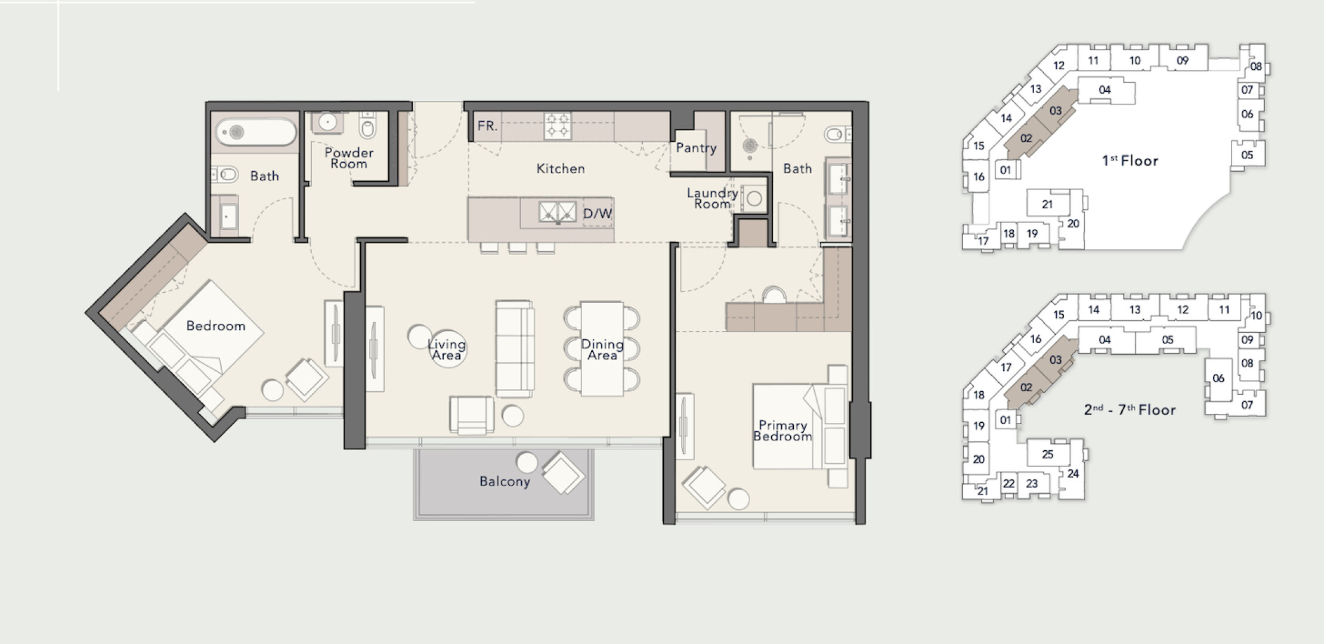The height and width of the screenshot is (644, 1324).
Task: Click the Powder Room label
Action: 349,158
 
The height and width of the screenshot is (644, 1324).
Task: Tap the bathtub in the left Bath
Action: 256,132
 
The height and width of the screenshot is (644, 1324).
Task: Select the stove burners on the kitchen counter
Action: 557,126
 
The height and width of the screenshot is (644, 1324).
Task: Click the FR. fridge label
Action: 487,126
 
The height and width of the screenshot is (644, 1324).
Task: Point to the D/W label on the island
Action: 598,213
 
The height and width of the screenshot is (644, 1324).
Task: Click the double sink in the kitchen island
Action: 558,212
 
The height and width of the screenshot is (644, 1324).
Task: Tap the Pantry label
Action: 696,148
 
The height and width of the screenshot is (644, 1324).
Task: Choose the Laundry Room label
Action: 712,199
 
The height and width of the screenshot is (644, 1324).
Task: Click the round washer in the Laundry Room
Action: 754,199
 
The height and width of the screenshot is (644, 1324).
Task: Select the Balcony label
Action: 505,482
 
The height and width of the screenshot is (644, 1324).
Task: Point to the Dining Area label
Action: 602,349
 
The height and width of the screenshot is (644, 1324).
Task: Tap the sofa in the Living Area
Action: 515,349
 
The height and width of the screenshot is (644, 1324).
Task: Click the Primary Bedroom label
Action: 782,431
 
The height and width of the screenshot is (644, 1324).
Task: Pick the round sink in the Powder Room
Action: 327,122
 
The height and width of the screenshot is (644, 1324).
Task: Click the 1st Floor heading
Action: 1130,160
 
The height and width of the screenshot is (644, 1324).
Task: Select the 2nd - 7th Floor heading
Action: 1130,410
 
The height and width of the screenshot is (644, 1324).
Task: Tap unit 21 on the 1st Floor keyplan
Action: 1047,205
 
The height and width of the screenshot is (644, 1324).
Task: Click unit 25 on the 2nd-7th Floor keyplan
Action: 1048,454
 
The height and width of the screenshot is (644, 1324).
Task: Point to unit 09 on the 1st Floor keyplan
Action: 1183,60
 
